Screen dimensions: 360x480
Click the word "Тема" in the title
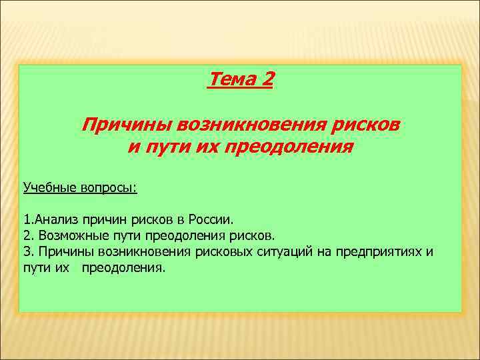[231, 80]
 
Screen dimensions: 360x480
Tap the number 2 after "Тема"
[267, 80]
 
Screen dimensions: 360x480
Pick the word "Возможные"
[69, 235]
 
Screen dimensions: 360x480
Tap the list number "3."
[28, 252]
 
